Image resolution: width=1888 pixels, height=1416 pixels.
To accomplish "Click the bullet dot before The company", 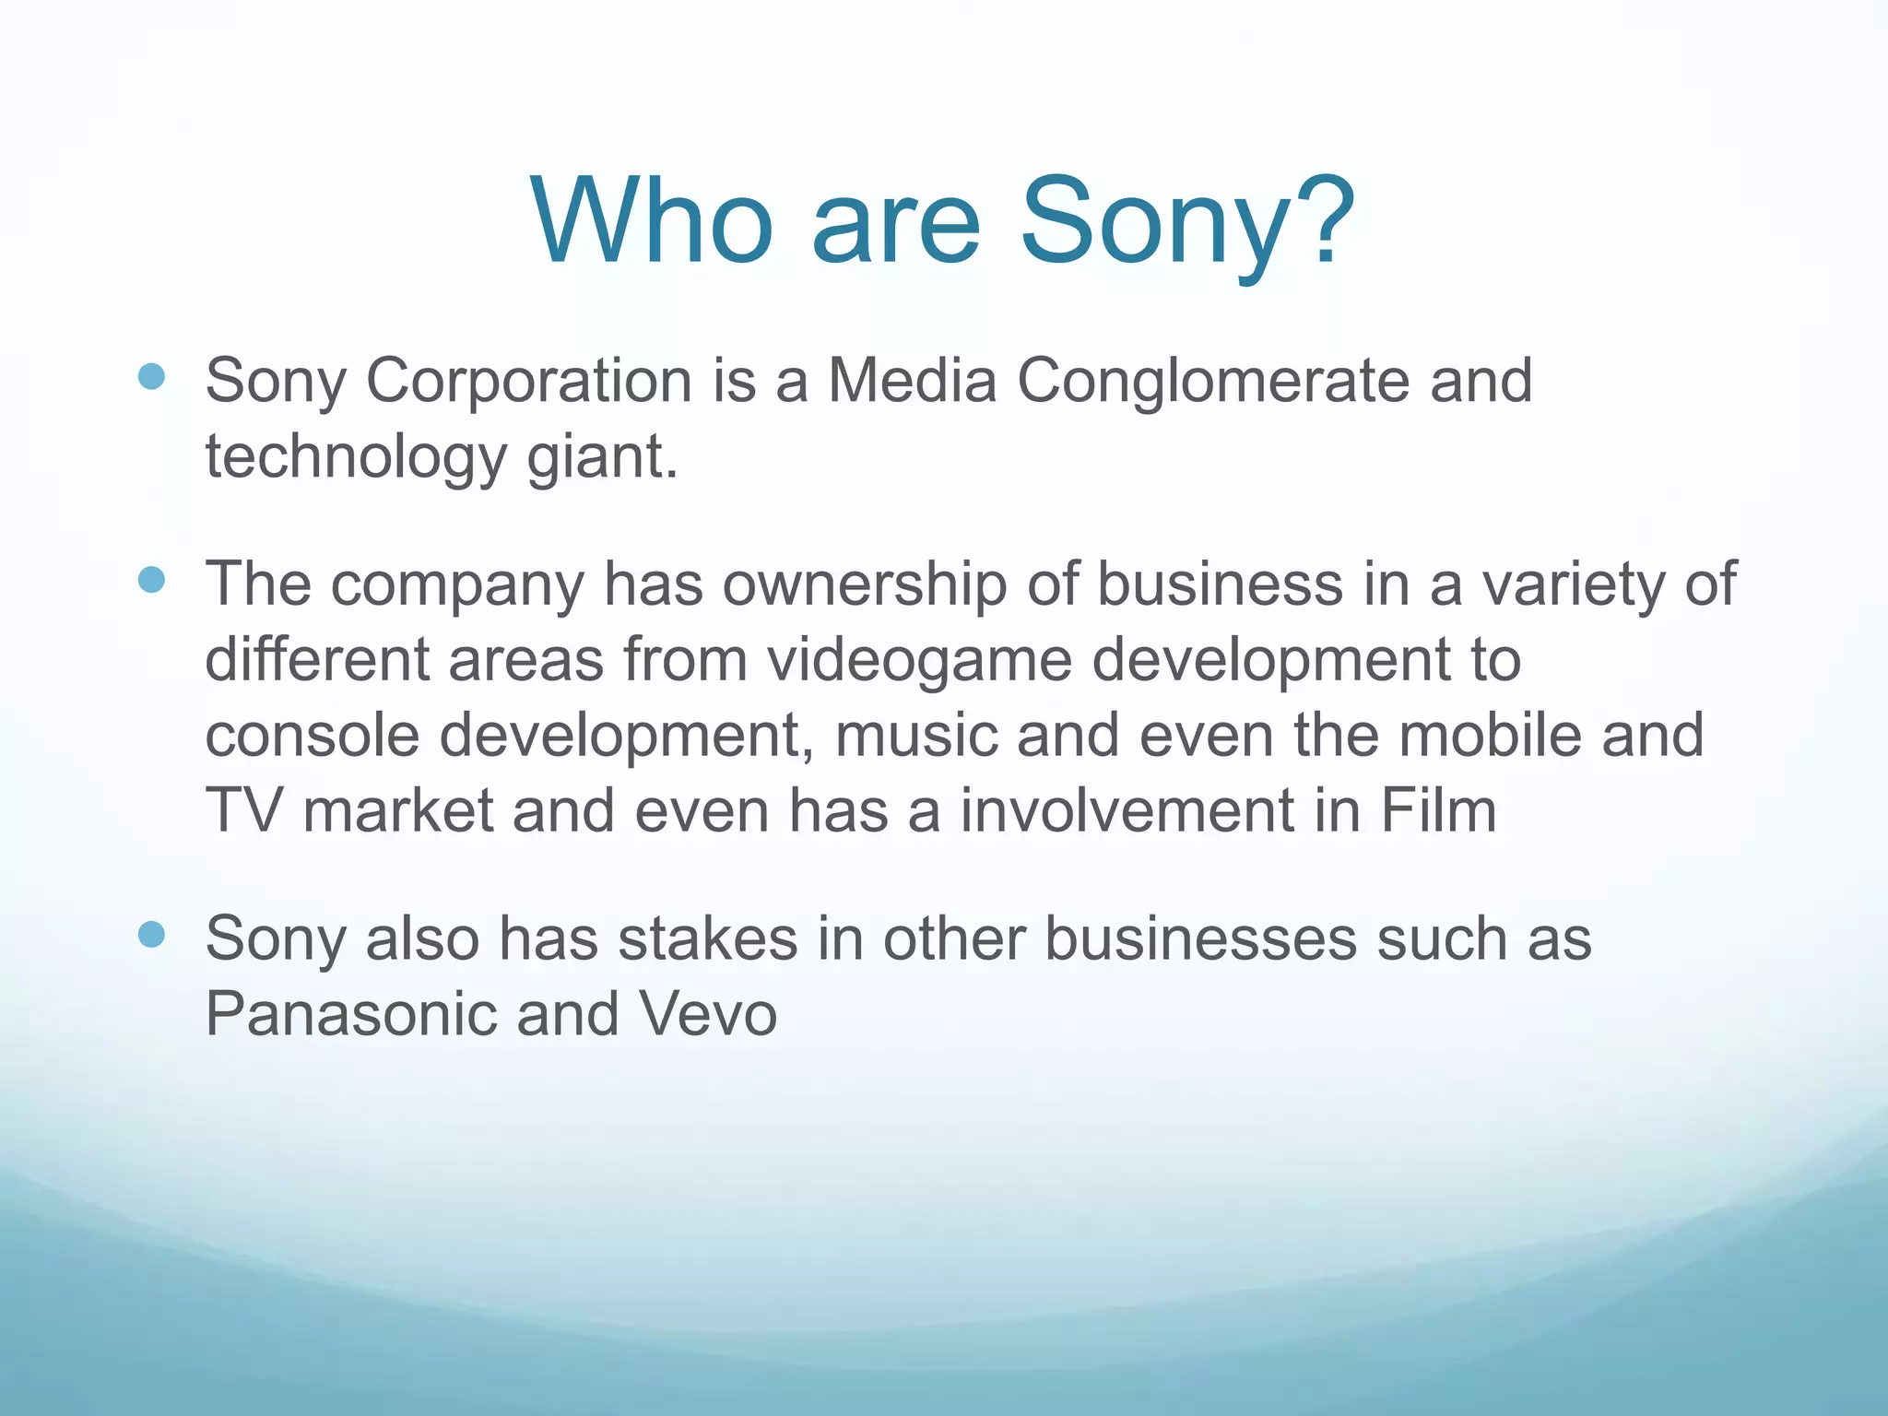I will tap(151, 580).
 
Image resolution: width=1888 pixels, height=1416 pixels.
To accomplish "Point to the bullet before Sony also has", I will tap(151, 935).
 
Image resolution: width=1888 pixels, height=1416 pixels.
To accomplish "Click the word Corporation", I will tap(529, 381).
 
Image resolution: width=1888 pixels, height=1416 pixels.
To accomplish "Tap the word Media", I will tap(912, 381).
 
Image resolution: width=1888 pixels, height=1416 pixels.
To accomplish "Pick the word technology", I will tap(356, 458).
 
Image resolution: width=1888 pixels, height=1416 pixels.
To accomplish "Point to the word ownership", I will tap(864, 585).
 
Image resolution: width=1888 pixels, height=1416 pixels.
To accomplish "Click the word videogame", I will tap(919, 662).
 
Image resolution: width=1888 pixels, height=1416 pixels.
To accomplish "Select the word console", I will tap(312, 736).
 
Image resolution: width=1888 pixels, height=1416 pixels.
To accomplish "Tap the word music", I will tap(916, 736).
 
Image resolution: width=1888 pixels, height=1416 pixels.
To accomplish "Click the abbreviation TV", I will tap(242, 811).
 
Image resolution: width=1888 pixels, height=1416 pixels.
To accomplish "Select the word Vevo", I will tap(707, 1014).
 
